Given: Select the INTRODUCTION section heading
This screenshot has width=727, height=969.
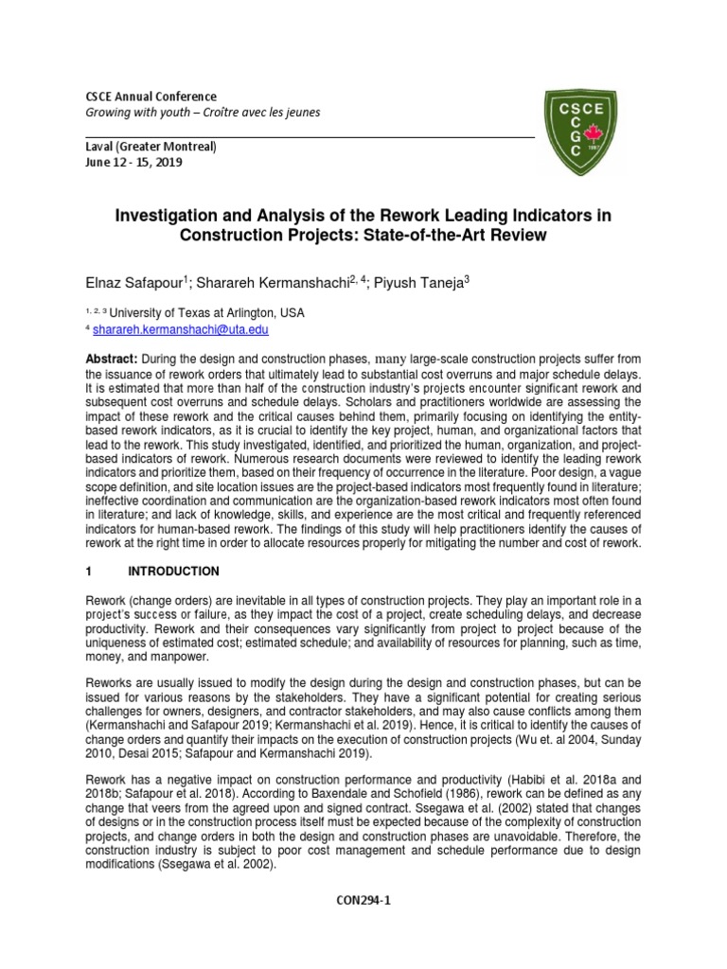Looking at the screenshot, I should (177, 572).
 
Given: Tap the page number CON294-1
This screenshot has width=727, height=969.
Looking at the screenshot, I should (363, 902).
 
